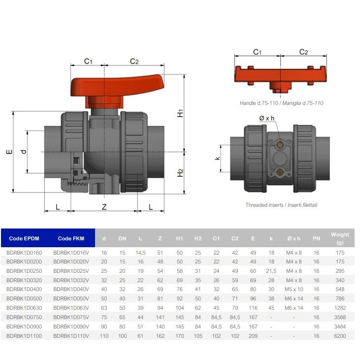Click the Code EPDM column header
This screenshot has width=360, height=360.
pos(24,238)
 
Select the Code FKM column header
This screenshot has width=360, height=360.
pos(71,238)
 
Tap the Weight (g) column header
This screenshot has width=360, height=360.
pos(340,238)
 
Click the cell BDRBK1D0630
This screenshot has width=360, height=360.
pos(24,308)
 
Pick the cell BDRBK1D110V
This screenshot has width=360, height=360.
pos(71,336)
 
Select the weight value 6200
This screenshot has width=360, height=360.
pos(340,336)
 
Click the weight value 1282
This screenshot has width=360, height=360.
pos(340,308)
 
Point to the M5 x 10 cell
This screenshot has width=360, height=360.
pos(294,289)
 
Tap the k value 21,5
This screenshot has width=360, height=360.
pos(271,271)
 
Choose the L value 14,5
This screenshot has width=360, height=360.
pos(140,253)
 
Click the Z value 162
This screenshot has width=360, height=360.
pos(160,336)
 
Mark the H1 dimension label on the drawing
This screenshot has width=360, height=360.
pos(180,113)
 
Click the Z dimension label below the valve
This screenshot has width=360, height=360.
pos(104,207)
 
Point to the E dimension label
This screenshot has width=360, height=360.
pos(9,152)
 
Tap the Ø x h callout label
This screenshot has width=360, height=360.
pos(266,118)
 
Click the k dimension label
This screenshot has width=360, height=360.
pos(217,158)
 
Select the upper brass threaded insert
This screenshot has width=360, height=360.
pos(280,145)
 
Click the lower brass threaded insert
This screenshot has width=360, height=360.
pos(280,172)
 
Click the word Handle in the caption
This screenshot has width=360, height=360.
pos(248,103)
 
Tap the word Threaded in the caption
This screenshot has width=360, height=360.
pos(255,205)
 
